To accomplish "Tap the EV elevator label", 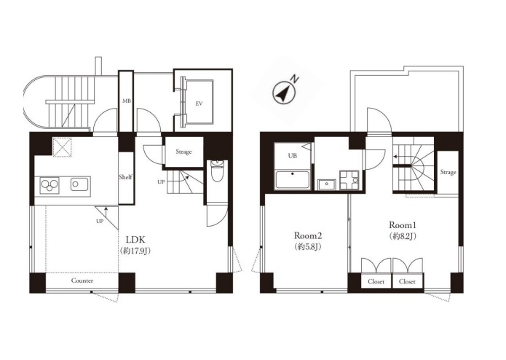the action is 199,103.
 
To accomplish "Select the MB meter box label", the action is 126,101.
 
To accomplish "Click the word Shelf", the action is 125,177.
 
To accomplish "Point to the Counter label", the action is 82,281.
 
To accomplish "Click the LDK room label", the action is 135,240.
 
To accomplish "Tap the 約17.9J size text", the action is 135,251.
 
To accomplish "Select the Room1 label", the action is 402,224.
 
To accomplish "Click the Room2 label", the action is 307,235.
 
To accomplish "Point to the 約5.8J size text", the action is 307,246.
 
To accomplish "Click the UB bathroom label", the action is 293,156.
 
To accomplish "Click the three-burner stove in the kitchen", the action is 50,184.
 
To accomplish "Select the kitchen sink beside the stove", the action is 81,184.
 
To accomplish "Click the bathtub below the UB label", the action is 293,180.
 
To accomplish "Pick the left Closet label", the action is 376,281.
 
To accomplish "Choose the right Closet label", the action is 407,281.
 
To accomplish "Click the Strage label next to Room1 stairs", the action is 448,172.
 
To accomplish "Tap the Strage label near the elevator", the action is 183,152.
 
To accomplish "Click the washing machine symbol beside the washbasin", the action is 349,180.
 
